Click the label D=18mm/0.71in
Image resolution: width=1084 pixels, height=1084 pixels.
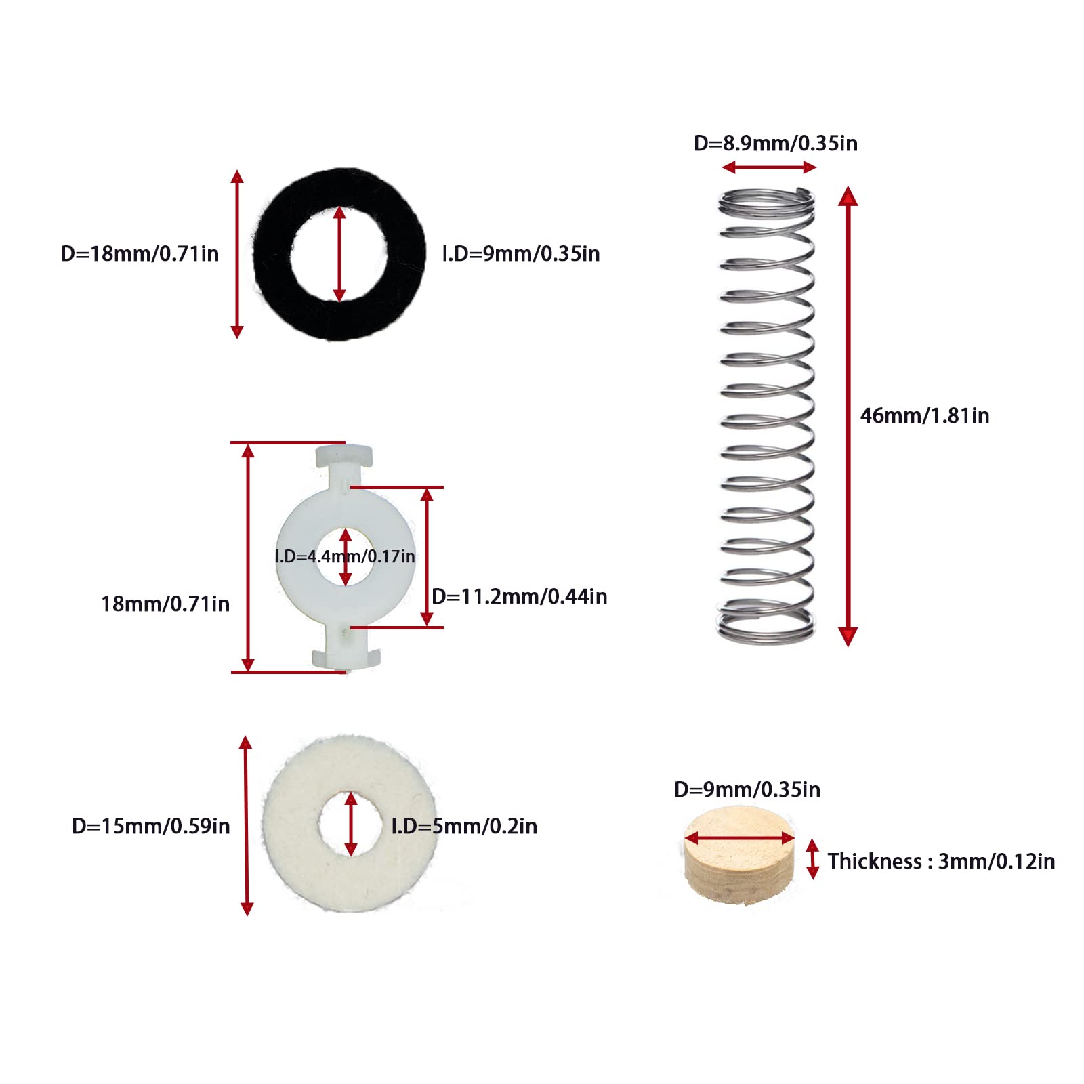[x=140, y=254]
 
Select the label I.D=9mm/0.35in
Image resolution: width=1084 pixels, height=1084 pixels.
[x=520, y=254]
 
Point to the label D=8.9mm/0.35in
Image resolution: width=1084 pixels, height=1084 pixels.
[x=775, y=144]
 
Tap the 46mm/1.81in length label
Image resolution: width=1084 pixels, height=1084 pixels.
[x=924, y=415]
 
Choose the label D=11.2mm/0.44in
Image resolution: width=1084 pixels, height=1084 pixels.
[x=519, y=597]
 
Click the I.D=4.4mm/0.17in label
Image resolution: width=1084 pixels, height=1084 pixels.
[x=345, y=557]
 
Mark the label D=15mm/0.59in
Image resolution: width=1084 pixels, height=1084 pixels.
[x=150, y=827]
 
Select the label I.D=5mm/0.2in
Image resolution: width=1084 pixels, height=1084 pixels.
[x=464, y=827]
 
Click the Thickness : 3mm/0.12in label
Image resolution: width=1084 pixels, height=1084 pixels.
[x=940, y=862]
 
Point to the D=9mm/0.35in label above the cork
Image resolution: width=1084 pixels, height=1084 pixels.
[x=747, y=790]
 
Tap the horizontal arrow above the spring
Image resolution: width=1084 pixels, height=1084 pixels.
[x=768, y=167]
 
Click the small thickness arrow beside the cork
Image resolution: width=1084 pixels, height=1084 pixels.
[x=812, y=859]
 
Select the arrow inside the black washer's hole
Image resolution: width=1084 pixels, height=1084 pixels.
[x=339, y=254]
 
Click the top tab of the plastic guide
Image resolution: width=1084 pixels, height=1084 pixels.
[x=344, y=455]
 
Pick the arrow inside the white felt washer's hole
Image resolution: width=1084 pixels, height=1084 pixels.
[x=350, y=824]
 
